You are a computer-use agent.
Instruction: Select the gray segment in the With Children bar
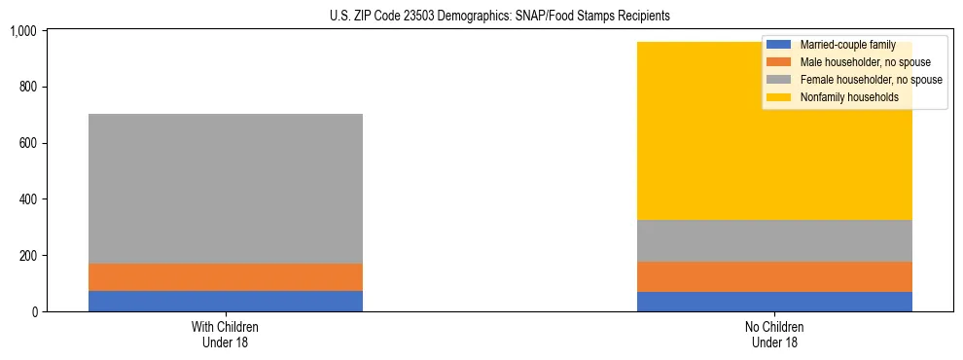pyautogui.click(x=226, y=189)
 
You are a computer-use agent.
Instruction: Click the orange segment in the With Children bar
pyautogui.click(x=226, y=277)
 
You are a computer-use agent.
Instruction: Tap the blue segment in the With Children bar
pyautogui.click(x=226, y=301)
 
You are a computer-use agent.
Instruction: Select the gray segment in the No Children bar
pyautogui.click(x=774, y=240)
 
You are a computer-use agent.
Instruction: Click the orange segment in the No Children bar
pyautogui.click(x=774, y=276)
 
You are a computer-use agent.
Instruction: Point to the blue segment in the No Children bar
pyautogui.click(x=774, y=302)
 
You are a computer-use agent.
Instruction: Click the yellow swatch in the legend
pyautogui.click(x=779, y=97)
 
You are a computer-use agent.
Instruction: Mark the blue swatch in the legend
pyautogui.click(x=779, y=45)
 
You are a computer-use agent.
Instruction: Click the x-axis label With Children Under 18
pyautogui.click(x=226, y=334)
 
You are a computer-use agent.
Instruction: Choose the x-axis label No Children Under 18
pyautogui.click(x=774, y=334)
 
